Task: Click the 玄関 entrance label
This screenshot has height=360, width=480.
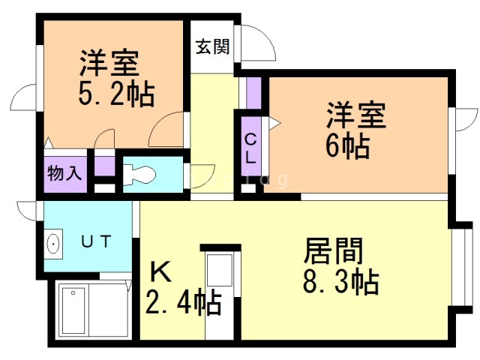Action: pos(212,46)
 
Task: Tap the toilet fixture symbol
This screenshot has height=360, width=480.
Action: pos(139,175)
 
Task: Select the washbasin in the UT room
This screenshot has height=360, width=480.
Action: pos(53,244)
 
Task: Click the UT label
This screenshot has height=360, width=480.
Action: pos(96,241)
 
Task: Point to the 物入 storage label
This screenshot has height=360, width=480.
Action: pos(64,173)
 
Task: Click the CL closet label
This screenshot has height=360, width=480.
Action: pos(250,148)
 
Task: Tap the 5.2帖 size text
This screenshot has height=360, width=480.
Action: pos(116,93)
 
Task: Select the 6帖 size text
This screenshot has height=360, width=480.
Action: pos(347,145)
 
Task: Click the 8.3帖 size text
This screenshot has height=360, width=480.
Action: pos(340,281)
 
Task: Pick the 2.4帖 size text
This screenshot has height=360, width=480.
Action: pos(183,301)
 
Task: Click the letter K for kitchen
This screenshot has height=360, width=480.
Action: pos(160,271)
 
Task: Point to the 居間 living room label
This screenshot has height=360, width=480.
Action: pos(334,251)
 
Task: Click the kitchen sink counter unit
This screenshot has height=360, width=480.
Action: pos(220,294)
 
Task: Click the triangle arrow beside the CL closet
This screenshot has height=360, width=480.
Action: pos(274,123)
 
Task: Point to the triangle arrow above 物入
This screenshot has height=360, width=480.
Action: pos(48,143)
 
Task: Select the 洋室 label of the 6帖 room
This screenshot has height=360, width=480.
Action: pos(355,115)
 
